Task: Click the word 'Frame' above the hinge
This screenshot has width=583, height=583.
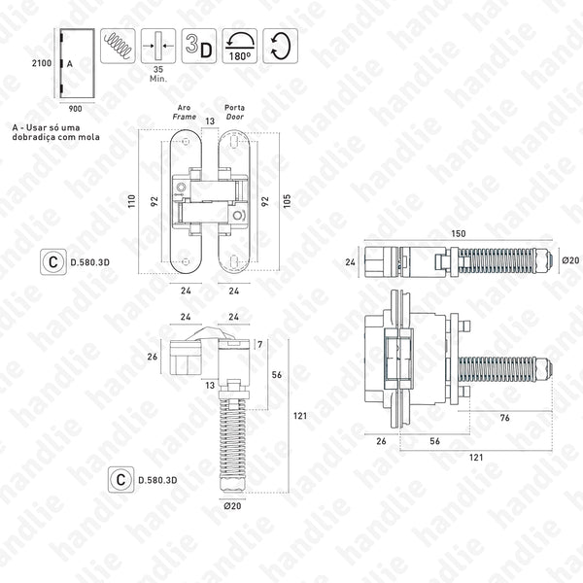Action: pyautogui.click(x=186, y=114)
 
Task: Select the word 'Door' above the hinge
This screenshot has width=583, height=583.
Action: pyautogui.click(x=234, y=114)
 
